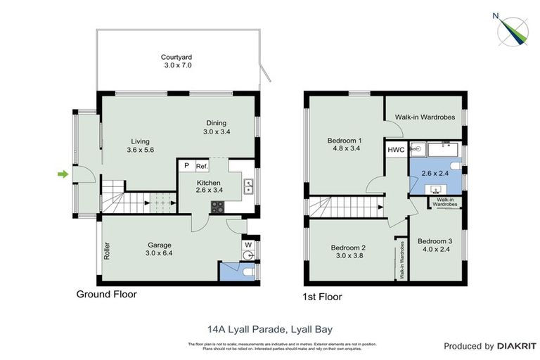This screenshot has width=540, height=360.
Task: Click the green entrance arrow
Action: point(63,174)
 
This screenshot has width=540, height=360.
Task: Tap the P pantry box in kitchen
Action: point(186,166)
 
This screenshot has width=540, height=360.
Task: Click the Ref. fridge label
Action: point(202,166)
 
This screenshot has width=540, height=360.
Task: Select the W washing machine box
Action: point(248,245)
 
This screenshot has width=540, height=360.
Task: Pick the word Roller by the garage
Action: point(107,252)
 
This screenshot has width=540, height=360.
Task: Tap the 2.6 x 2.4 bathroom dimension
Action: point(435,173)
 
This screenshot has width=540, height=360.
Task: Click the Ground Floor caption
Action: point(106,295)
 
